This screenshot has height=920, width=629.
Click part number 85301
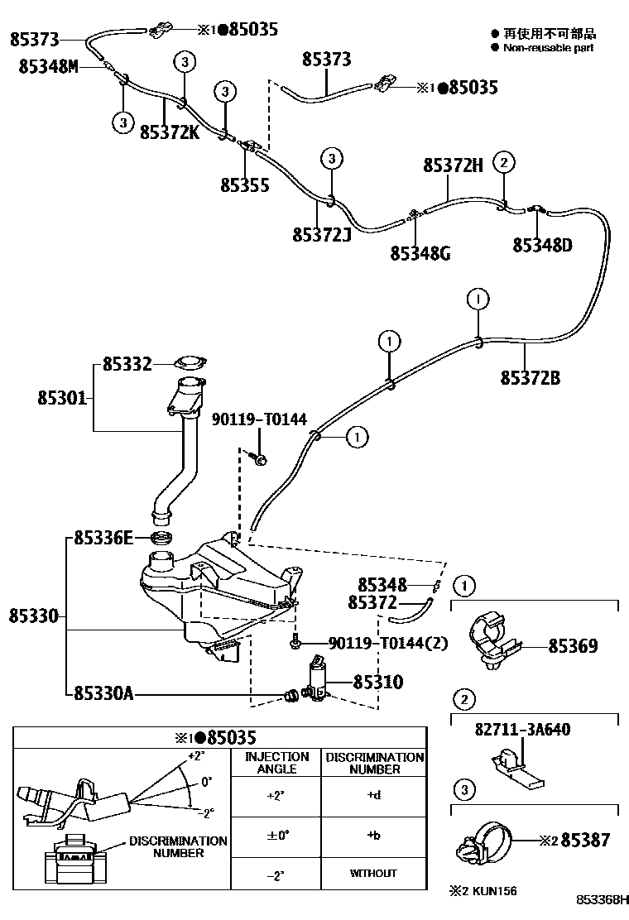tap(61, 398)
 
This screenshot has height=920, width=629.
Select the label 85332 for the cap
tap(127, 363)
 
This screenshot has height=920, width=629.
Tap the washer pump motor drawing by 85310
tap(316, 681)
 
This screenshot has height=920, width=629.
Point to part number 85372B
tap(530, 378)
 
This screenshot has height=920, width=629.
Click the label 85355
tap(244, 184)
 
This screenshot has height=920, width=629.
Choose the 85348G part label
tap(420, 252)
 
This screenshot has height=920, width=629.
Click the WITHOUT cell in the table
tap(372, 873)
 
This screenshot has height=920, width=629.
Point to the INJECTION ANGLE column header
tap(277, 762)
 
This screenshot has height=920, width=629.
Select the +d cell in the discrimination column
tap(372, 796)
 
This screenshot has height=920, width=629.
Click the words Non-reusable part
tap(548, 48)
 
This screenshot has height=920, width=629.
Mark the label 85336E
tap(103, 539)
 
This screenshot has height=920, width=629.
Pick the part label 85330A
tap(103, 692)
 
